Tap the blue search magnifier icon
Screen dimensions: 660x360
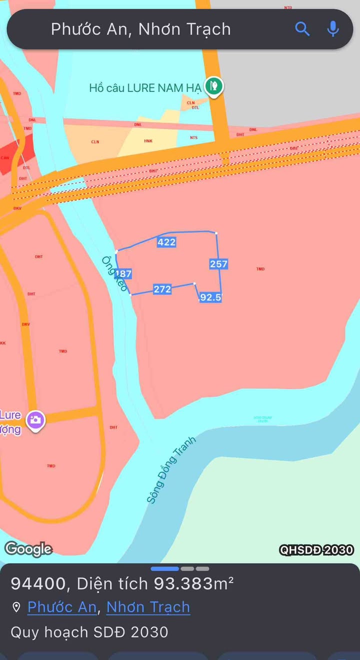pyautogui.click(x=302, y=28)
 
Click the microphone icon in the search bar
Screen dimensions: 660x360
pyautogui.click(x=333, y=28)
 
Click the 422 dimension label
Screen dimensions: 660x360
pyautogui.click(x=166, y=242)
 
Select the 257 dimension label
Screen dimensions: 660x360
pyautogui.click(x=218, y=264)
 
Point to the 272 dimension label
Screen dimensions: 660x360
pyautogui.click(x=162, y=289)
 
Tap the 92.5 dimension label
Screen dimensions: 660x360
pyautogui.click(x=210, y=297)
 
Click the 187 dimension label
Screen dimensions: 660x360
pyautogui.click(x=123, y=273)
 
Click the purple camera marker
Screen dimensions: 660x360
pyautogui.click(x=35, y=420)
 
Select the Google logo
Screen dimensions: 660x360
pyautogui.click(x=28, y=549)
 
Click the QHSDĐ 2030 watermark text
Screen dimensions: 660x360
pyautogui.click(x=316, y=550)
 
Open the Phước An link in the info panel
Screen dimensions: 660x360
pyautogui.click(x=61, y=607)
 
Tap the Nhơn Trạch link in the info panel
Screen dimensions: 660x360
pyautogui.click(x=148, y=607)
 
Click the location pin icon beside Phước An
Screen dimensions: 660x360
pyautogui.click(x=16, y=607)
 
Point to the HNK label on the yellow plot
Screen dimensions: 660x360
pyautogui.click(x=148, y=141)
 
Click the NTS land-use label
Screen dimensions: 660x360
pyautogui.click(x=194, y=138)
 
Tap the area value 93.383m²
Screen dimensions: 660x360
pyautogui.click(x=193, y=583)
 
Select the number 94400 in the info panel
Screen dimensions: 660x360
pyautogui.click(x=38, y=583)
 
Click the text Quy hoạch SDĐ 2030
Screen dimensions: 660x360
pyautogui.click(x=89, y=632)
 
